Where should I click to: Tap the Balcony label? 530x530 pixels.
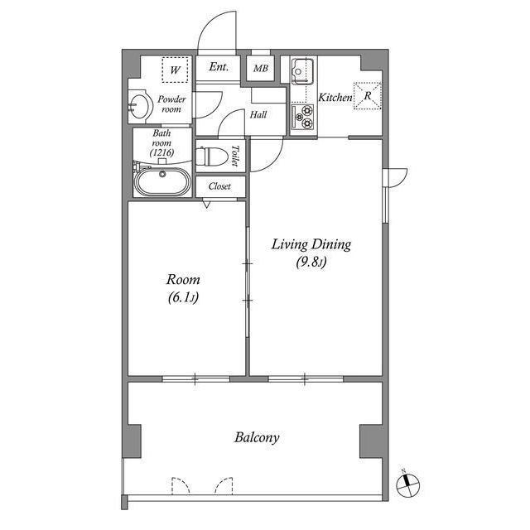(256, 437)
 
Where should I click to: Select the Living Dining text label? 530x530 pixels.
(312, 244)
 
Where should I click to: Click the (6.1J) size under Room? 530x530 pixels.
(183, 297)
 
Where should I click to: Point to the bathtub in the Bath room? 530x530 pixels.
(162, 181)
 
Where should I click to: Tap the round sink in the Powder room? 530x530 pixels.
(139, 104)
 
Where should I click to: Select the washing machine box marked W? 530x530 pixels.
(175, 70)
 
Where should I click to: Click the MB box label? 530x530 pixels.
(260, 70)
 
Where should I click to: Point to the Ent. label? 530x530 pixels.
(219, 67)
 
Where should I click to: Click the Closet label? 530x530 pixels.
(219, 186)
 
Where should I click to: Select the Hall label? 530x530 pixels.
(258, 115)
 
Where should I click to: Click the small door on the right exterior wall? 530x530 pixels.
(395, 176)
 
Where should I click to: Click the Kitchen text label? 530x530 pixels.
(336, 97)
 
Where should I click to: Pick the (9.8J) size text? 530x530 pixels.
(311, 263)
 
